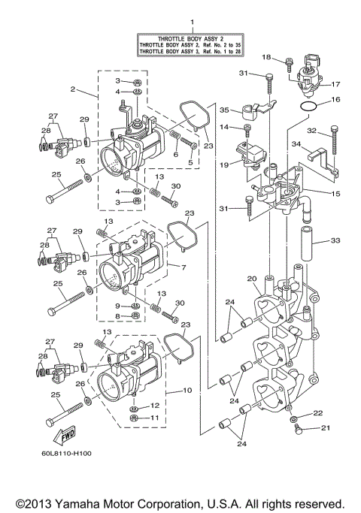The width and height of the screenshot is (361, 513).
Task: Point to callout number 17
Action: tap(335, 84)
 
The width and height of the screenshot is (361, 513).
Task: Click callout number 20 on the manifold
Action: tap(252, 279)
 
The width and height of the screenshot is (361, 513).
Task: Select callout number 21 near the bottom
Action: tap(326, 429)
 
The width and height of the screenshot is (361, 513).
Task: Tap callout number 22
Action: tap(318, 413)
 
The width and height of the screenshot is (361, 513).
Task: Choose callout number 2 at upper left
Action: tap(72, 89)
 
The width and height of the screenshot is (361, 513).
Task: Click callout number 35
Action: tap(223, 110)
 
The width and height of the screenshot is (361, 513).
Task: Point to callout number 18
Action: tap(266, 57)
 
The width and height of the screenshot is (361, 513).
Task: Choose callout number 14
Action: tap(223, 128)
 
